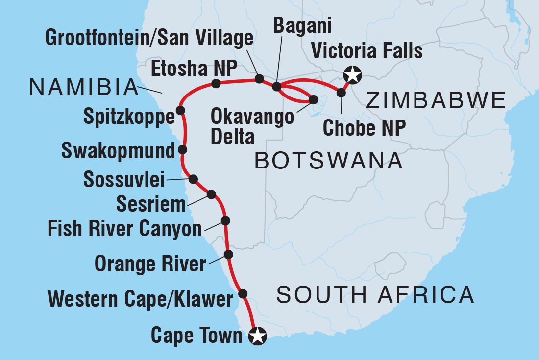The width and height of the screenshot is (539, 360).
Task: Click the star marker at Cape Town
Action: (258, 336)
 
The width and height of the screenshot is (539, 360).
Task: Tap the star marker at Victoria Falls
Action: (352, 75)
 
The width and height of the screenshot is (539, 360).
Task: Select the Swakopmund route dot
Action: (182, 149)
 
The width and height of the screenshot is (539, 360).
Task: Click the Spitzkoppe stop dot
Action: (181, 109)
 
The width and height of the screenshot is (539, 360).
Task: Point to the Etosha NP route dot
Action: (216, 84)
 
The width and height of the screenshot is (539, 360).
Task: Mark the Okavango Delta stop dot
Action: (313, 100)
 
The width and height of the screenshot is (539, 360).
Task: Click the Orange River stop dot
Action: (228, 254)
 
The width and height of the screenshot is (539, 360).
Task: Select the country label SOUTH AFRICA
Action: (375, 295)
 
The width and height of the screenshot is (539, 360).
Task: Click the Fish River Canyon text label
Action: (124, 229)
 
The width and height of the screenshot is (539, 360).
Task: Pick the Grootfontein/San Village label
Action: (149, 38)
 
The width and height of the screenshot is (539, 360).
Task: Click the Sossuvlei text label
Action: (124, 180)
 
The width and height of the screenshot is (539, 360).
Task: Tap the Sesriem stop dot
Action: (211, 194)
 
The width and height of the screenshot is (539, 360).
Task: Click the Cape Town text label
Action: (196, 336)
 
